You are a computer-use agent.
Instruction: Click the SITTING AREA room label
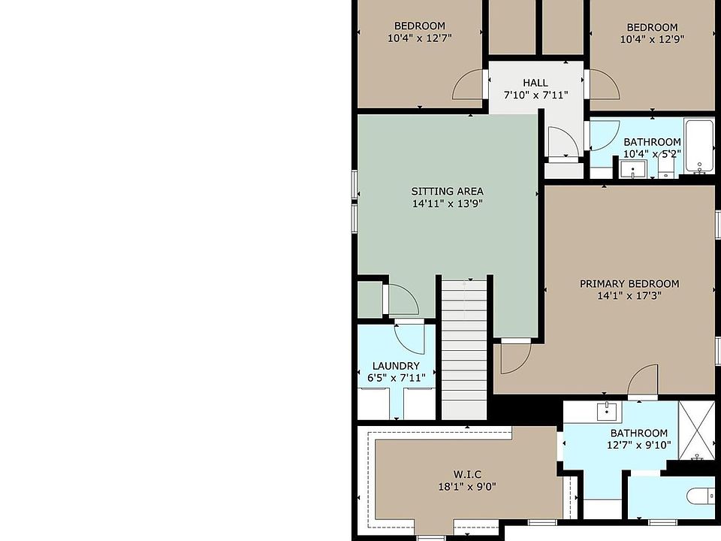pyautogui.click(x=447, y=191)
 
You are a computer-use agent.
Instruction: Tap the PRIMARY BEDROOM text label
pyautogui.click(x=629, y=284)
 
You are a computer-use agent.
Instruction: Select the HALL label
pyautogui.click(x=535, y=83)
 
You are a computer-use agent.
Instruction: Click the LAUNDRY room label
pyautogui.click(x=396, y=366)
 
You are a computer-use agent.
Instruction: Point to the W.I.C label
pyautogui.click(x=467, y=474)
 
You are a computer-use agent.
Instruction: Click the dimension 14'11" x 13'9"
pyautogui.click(x=447, y=204)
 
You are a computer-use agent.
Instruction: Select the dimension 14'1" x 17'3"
pyautogui.click(x=629, y=295)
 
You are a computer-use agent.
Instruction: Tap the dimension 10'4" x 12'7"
pyautogui.click(x=419, y=38)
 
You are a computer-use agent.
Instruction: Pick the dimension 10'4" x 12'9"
pyautogui.click(x=652, y=39)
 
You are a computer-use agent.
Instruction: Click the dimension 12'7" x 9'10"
pyautogui.click(x=638, y=445)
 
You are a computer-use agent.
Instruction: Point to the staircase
pyautogui.click(x=464, y=349)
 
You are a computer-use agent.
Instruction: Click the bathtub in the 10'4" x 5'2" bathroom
pyautogui.click(x=699, y=146)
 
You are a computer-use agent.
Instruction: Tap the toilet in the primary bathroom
pyautogui.click(x=700, y=496)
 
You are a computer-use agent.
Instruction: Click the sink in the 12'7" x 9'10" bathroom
pyautogui.click(x=607, y=411)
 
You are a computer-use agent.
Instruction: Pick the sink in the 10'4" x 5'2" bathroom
pyautogui.click(x=632, y=169)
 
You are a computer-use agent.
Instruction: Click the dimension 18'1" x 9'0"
pyautogui.click(x=467, y=486)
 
